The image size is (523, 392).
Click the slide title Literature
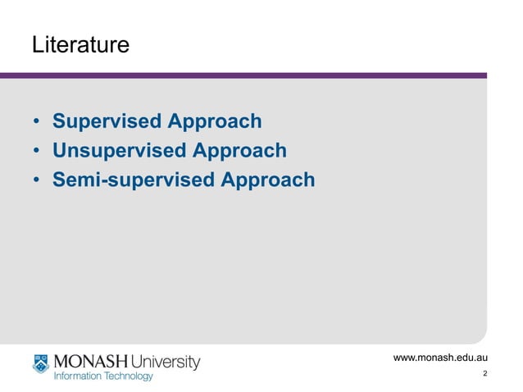80,45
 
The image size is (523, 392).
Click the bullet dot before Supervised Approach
37,123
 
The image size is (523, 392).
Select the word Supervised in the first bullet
107,121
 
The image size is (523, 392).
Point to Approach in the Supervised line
215,122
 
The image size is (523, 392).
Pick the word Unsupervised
119,151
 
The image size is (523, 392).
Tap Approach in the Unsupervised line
239,152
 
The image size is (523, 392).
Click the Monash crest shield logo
41,363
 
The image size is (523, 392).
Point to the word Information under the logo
78,376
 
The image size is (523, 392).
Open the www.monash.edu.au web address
441,358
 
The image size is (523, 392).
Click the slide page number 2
485,375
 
